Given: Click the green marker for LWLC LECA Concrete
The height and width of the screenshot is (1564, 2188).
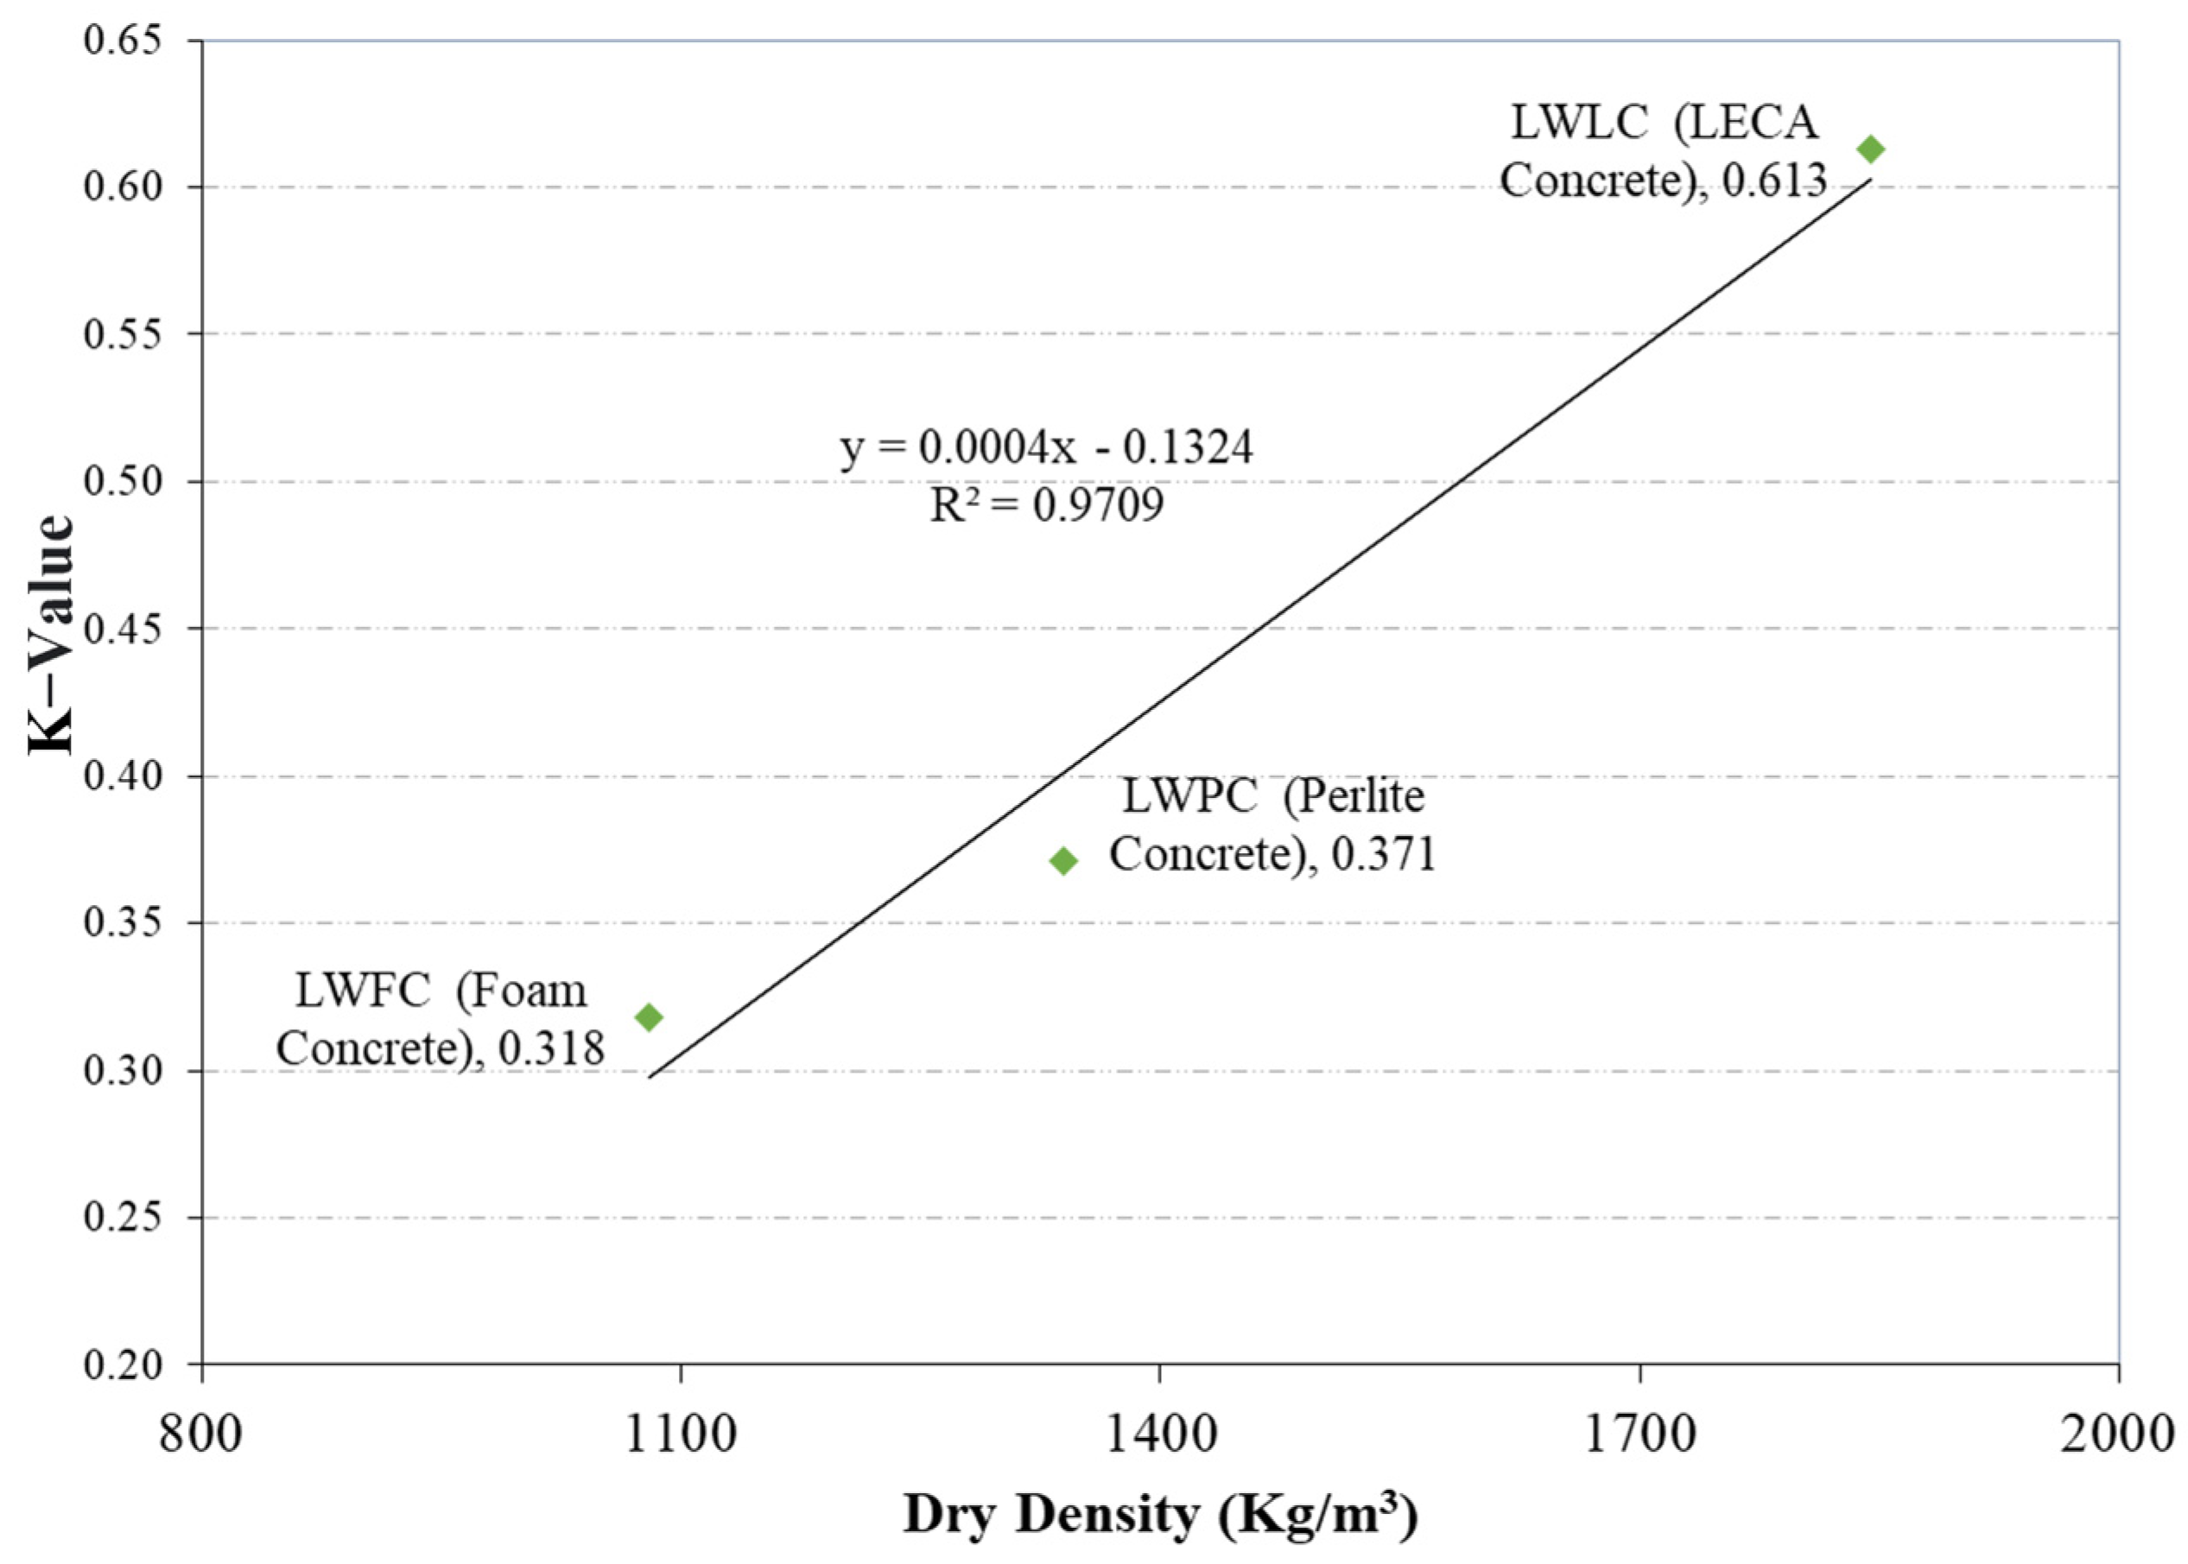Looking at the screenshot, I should pyautogui.click(x=1870, y=149).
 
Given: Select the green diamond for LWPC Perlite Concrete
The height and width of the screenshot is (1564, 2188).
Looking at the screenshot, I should pyautogui.click(x=1063, y=861).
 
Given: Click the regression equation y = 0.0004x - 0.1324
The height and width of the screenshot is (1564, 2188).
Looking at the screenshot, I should pyautogui.click(x=1047, y=448).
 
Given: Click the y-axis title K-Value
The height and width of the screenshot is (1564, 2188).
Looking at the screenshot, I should pyautogui.click(x=51, y=636).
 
